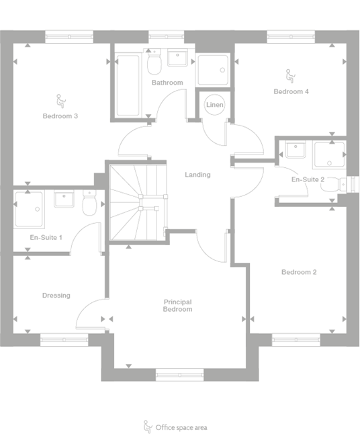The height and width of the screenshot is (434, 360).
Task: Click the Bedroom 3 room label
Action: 60,116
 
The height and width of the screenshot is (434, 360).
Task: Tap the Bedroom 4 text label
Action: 291,91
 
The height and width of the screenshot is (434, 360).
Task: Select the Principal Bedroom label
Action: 178,306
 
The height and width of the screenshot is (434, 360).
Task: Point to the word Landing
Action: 198,175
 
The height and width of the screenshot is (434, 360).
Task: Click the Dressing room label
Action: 56,296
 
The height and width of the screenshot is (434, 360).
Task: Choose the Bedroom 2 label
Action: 299,272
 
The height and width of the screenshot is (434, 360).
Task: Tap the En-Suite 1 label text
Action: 46,238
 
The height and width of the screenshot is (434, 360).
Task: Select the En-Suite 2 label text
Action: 308,180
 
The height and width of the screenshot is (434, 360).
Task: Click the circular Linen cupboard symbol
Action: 215,105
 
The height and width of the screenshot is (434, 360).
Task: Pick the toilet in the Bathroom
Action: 154,65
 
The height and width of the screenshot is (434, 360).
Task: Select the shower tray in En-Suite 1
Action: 28,208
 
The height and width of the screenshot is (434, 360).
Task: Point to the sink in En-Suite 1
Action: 64,200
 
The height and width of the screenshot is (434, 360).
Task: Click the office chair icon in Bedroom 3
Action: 60,101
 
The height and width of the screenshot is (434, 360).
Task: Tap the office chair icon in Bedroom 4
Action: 291,76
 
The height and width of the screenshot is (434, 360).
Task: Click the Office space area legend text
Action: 183,427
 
